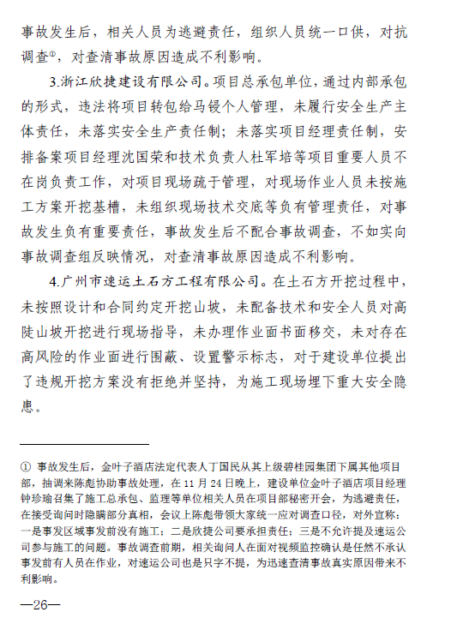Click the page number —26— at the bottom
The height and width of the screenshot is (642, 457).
(41, 605)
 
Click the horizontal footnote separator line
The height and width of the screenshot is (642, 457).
(83, 445)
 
